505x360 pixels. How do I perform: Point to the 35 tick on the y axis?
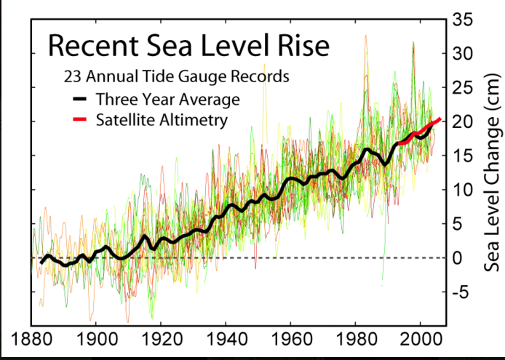pos(464,20)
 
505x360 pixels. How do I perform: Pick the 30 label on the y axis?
pos(464,54)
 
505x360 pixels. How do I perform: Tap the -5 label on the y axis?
pos(461,292)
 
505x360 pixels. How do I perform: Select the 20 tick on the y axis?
pos(464,122)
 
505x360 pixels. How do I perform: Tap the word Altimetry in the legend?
pos(194,119)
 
